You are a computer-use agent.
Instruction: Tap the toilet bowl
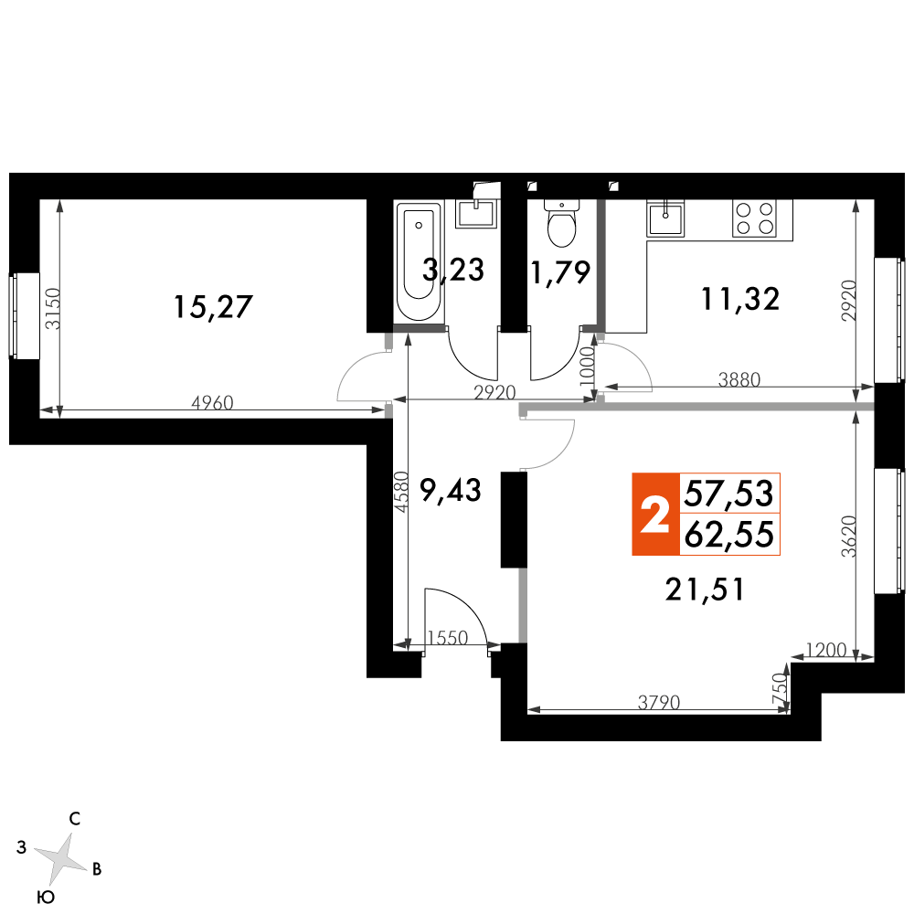coord(562,224)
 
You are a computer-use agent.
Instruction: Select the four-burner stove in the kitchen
coord(754,218)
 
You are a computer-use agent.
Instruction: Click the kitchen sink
coord(665,218)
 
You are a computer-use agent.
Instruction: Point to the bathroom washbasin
coord(476,213)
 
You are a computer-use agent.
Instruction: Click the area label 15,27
coord(213,306)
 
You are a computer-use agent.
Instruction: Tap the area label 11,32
coord(739,299)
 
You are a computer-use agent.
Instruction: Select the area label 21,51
coord(705,590)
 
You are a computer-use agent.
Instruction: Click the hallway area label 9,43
coord(451,490)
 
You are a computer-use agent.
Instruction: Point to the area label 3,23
coord(453,270)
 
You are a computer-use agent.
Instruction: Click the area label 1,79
coord(560,272)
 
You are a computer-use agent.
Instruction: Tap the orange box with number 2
coord(655,514)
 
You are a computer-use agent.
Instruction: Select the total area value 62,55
coord(728,535)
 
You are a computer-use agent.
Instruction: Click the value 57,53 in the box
coord(728,494)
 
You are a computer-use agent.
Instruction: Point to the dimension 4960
coord(212,403)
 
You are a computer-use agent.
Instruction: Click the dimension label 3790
coord(659,702)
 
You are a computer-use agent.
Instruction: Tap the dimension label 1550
coord(447,638)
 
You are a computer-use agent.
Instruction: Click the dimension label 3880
coord(739,379)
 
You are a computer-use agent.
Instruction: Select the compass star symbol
coord(60,857)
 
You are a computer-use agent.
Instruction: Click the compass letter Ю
coord(46,898)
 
